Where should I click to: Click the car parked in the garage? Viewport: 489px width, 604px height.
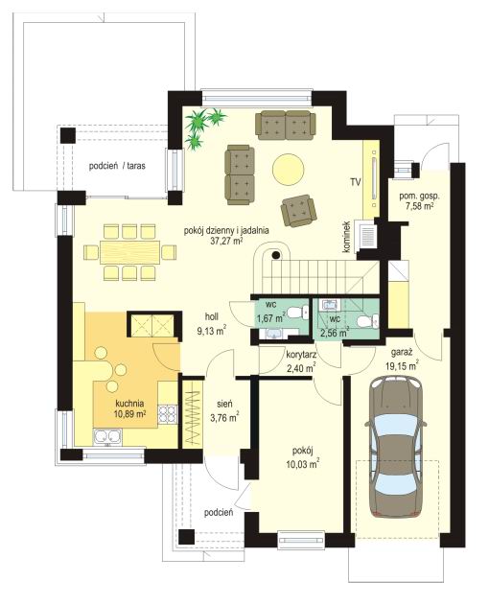tap(396, 447)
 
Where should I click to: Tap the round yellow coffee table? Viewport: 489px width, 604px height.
tap(289, 170)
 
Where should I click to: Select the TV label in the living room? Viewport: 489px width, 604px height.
tap(356, 182)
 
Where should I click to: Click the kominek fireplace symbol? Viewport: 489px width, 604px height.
tap(368, 234)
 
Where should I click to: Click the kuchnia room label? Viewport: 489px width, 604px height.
tap(129, 404)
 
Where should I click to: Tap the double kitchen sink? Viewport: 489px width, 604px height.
tap(107, 436)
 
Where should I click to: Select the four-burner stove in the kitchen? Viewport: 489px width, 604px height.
tap(168, 414)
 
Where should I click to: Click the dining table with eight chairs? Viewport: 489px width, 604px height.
tap(129, 252)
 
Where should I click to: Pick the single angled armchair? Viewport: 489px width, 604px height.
tap(298, 210)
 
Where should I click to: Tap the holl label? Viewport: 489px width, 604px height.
tap(212, 316)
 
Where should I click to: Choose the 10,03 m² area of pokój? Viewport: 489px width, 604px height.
tap(302, 465)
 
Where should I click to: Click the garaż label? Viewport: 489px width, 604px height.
tap(402, 352)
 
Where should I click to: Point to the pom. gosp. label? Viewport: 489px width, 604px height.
tap(419, 197)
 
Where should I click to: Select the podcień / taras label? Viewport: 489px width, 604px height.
tap(117, 166)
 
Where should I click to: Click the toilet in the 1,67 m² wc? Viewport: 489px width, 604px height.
tap(298, 312)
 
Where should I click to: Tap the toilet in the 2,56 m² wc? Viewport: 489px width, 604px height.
tap(367, 320)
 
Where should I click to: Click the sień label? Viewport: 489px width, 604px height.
tap(224, 404)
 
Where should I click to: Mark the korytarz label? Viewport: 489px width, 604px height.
tap(301, 355)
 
